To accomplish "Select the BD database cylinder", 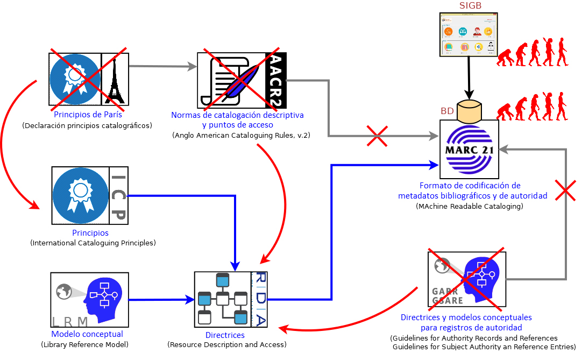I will (x=469, y=111).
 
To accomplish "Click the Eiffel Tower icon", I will (x=114, y=79).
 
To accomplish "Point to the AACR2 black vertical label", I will (x=276, y=80).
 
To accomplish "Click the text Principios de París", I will (x=88, y=115).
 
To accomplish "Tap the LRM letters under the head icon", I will (x=70, y=322).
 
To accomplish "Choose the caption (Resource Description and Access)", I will (x=227, y=344).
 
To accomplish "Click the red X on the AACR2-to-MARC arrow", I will (x=379, y=136).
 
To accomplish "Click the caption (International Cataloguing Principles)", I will (x=93, y=243).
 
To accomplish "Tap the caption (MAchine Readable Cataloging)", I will (x=470, y=206).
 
